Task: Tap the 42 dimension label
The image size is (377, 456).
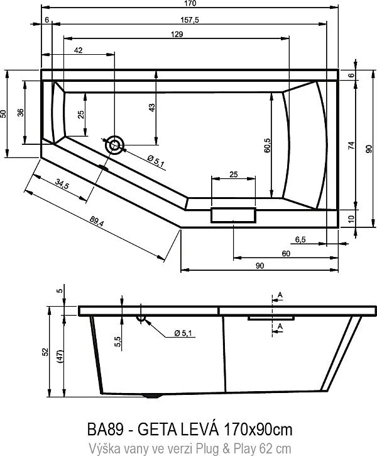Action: pos(79,50)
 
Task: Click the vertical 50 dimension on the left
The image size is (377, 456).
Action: pos(4,113)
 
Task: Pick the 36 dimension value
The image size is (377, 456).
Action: pos(20,112)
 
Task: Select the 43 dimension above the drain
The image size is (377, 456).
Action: pos(151,108)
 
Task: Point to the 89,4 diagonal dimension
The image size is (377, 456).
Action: pos(96,221)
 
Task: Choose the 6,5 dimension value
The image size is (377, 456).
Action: pos(300,239)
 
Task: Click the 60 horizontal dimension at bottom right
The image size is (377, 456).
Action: pos(286,253)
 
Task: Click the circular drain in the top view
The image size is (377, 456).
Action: pos(115,145)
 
